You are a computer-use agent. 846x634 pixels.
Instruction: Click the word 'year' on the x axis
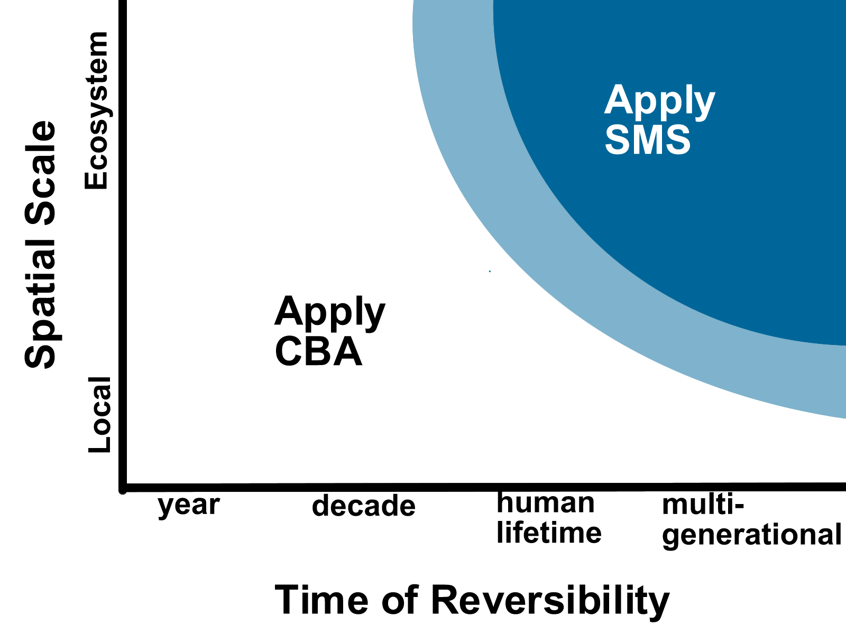pyautogui.click(x=189, y=506)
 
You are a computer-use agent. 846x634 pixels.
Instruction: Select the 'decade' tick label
pyautogui.click(x=363, y=506)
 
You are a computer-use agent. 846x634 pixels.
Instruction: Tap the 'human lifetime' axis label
pyautogui.click(x=549, y=518)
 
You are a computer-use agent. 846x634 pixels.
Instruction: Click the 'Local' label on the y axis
pyautogui.click(x=99, y=415)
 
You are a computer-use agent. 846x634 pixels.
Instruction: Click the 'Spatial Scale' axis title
pyautogui.click(x=41, y=245)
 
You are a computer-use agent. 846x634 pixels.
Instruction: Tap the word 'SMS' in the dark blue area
pyautogui.click(x=648, y=139)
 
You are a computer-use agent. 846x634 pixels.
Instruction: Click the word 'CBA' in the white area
pyautogui.click(x=318, y=351)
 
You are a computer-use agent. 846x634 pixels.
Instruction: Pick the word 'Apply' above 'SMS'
pyautogui.click(x=660, y=101)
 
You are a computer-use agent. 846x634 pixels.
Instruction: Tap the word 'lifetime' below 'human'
pyautogui.click(x=549, y=532)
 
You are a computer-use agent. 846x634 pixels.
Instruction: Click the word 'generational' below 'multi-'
pyautogui.click(x=751, y=535)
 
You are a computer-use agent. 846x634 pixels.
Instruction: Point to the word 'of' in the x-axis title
pyautogui.click(x=400, y=600)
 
